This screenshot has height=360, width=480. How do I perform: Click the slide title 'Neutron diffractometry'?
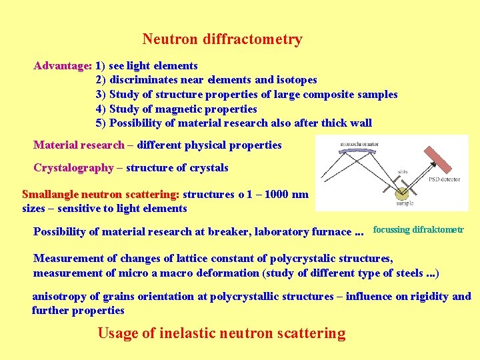pyautogui.click(x=222, y=39)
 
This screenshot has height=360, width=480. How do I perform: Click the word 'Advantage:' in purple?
pyautogui.click(x=63, y=66)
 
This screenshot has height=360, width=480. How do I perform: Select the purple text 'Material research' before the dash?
pyautogui.click(x=79, y=145)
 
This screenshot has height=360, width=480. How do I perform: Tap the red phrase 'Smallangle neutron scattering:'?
pyautogui.click(x=101, y=195)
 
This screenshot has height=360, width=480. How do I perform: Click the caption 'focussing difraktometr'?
pyautogui.click(x=418, y=230)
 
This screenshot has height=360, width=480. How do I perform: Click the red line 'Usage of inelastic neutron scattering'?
pyautogui.click(x=221, y=333)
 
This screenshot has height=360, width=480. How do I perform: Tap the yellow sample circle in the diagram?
pyautogui.click(x=402, y=194)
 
